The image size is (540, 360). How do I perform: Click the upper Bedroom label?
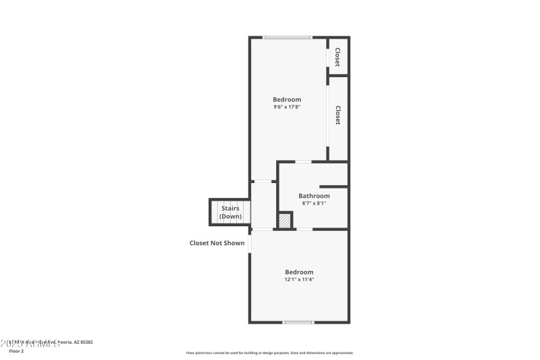pyautogui.click(x=287, y=99)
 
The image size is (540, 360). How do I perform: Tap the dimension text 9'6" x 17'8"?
pyautogui.click(x=287, y=107)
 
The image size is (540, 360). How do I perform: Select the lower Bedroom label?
pyautogui.click(x=299, y=272)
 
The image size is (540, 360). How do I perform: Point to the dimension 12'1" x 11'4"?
pyautogui.click(x=299, y=279)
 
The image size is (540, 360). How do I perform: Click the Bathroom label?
pyautogui.click(x=314, y=196)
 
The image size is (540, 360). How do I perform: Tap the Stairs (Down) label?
pyautogui.click(x=231, y=213)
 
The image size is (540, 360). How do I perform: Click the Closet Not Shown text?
pyautogui.click(x=217, y=243)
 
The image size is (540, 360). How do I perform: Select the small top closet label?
pyautogui.click(x=337, y=57)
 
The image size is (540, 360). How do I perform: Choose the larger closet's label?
pyautogui.click(x=337, y=115)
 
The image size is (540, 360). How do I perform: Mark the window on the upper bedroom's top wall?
pyautogui.click(x=287, y=37)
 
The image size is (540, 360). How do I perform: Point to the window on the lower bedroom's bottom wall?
pyautogui.click(x=298, y=322)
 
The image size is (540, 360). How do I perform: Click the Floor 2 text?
pyautogui.click(x=16, y=351)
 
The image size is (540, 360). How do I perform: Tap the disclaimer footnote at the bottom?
pyautogui.click(x=270, y=353)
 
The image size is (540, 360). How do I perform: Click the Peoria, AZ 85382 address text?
pyautogui.click(x=74, y=342)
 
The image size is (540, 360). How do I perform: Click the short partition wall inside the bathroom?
pyautogui.click(x=333, y=186)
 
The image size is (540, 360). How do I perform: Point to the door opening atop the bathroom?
pyautogui.click(x=303, y=161)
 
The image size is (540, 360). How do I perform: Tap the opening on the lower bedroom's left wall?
pyautogui.click(x=250, y=243)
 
